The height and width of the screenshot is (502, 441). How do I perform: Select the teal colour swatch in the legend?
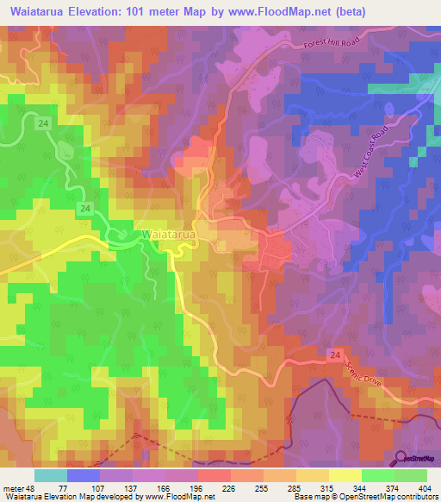pyautogui.click(x=51, y=475)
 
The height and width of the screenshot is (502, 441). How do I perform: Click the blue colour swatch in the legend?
pyautogui.click(x=84, y=475)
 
